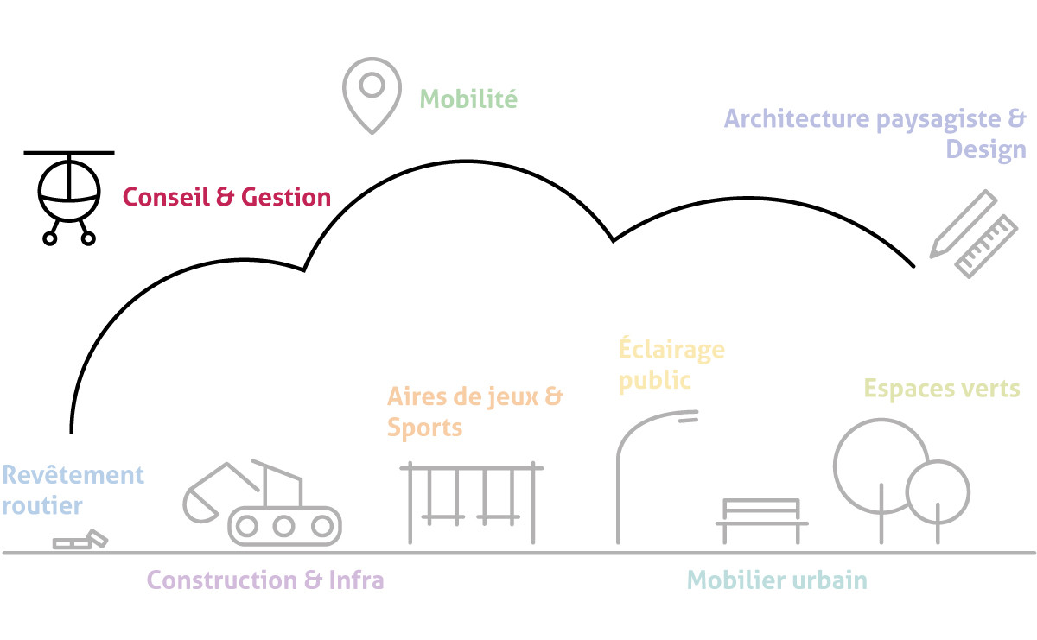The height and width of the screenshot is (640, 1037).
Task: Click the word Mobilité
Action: pyautogui.click(x=468, y=98)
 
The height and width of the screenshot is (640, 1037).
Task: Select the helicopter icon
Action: pyautogui.click(x=69, y=198)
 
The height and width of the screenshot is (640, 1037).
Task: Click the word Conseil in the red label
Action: pyautogui.click(x=166, y=197)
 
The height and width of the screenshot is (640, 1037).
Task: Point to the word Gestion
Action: pyautogui.click(x=286, y=197)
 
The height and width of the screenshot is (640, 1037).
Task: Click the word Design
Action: pyautogui.click(x=986, y=150)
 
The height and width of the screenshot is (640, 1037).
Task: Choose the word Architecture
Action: pyautogui.click(x=797, y=118)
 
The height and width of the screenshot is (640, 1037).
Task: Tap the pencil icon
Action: pyautogui.click(x=963, y=224)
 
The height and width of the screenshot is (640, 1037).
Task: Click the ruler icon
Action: pyautogui.click(x=986, y=246)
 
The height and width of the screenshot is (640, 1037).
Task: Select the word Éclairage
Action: pyautogui.click(x=671, y=348)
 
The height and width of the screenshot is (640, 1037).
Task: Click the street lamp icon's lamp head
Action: pyautogui.click(x=688, y=416)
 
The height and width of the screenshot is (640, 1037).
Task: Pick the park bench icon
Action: pyautogui.click(x=761, y=521)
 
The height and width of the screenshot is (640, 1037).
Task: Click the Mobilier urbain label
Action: pyautogui.click(x=777, y=580)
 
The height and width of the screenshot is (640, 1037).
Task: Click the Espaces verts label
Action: pyautogui.click(x=942, y=389)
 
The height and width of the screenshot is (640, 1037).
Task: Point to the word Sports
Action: pyautogui.click(x=424, y=428)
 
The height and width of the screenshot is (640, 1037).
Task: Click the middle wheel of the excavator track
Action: pyautogui.click(x=283, y=526)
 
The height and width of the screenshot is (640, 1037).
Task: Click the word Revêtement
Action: pyautogui.click(x=73, y=475)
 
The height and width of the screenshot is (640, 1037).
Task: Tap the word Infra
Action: pyautogui.click(x=356, y=580)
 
